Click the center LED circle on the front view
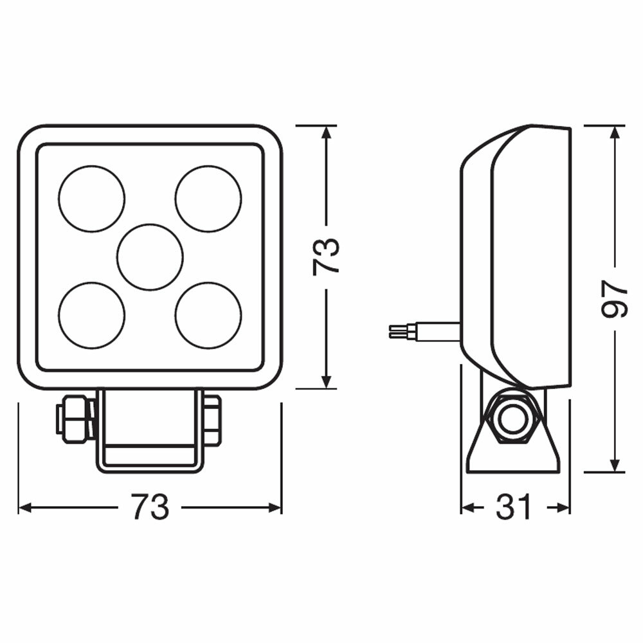[150, 257]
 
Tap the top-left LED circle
[91, 198]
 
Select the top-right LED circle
[208, 198]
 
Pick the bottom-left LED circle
[91, 315]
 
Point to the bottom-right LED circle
[208, 315]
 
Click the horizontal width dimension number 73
[150, 507]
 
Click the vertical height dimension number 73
[327, 257]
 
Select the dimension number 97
[615, 298]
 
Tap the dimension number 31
[515, 507]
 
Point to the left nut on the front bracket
[75, 419]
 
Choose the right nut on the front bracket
[212, 420]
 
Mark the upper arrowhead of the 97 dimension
[615, 131]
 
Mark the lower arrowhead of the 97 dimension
[615, 466]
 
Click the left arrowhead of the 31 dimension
[467, 507]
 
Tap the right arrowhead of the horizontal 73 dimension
[275, 507]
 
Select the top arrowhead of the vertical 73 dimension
[327, 132]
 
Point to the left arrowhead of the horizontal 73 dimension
[24, 507]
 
